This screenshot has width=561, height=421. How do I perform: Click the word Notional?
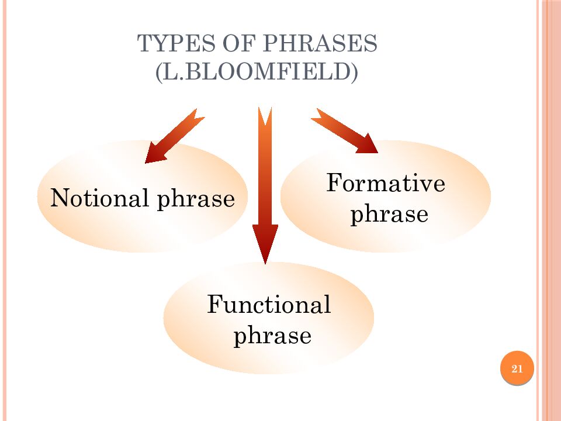99,199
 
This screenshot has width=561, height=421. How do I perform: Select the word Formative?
386,184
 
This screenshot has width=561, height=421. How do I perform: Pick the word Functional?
269,305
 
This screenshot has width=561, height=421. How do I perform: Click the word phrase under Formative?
389,215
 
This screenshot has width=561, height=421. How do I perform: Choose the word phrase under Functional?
272,336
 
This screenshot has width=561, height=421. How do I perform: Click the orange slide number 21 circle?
517,368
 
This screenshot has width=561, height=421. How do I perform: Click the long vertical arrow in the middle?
265,181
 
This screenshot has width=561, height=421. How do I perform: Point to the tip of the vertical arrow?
265,261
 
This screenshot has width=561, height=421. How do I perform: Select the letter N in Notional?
58,199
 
